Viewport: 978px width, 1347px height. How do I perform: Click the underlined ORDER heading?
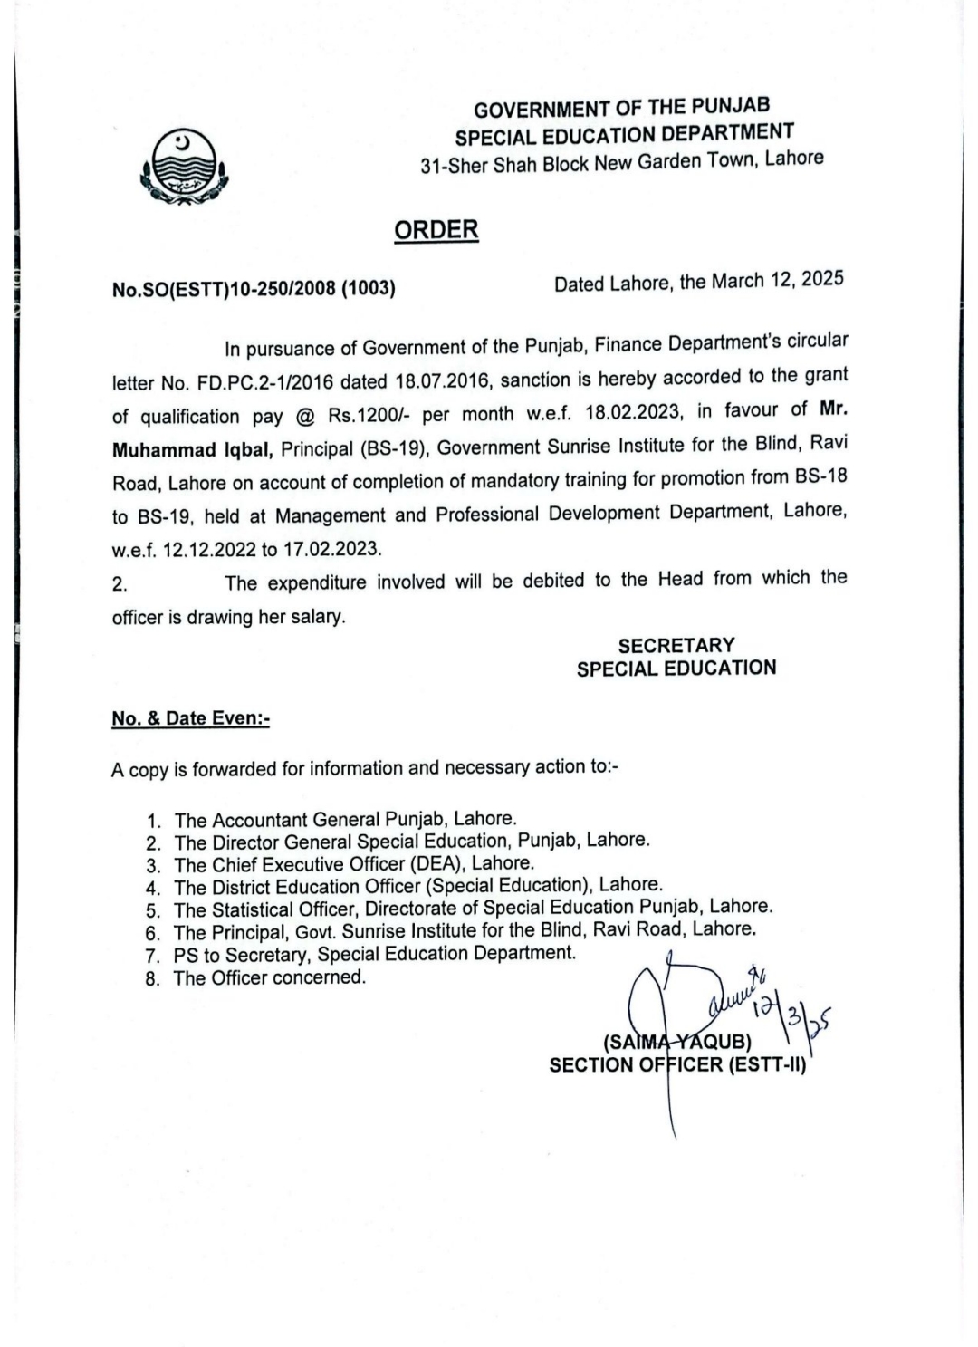(436, 230)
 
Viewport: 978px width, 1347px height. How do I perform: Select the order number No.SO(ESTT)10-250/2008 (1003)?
(254, 289)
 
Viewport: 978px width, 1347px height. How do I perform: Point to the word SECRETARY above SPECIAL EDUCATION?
(676, 646)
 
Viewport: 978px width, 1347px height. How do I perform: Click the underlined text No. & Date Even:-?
(191, 718)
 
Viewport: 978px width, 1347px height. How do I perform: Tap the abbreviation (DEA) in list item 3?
(437, 863)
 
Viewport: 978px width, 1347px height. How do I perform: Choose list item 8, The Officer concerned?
(270, 977)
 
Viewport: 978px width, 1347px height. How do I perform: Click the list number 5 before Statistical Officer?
(153, 910)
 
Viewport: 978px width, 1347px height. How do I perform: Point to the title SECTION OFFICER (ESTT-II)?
(676, 1064)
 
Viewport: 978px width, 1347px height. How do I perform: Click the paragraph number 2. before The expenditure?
(120, 584)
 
